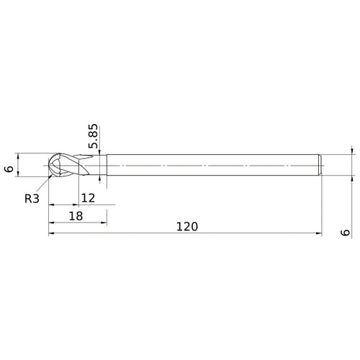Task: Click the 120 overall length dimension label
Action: click(x=186, y=226)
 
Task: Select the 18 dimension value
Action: click(x=76, y=215)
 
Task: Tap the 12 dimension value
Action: click(x=89, y=197)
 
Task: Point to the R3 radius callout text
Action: click(x=32, y=198)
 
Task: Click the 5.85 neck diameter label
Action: click(x=92, y=137)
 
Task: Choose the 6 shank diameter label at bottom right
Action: click(x=346, y=232)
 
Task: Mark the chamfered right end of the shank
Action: click(x=320, y=165)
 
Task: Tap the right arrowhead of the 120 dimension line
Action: click(x=318, y=234)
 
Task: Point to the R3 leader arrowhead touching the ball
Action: click(x=52, y=174)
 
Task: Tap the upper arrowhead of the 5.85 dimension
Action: click(x=99, y=151)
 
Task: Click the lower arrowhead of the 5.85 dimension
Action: click(x=99, y=179)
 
